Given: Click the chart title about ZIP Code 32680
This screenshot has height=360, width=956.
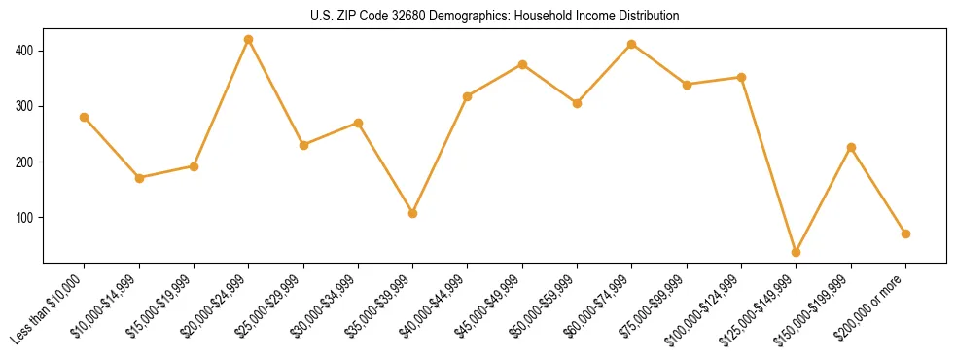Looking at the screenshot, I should pyautogui.click(x=478, y=17).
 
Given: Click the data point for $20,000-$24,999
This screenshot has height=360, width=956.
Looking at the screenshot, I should pyautogui.click(x=249, y=40).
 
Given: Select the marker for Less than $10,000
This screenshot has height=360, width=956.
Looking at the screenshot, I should pyautogui.click(x=85, y=117).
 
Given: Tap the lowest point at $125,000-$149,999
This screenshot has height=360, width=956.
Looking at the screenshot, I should pyautogui.click(x=797, y=252).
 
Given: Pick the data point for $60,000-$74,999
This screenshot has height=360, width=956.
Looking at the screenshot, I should pyautogui.click(x=632, y=44).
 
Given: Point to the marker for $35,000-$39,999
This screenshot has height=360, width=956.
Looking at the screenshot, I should pyautogui.click(x=413, y=213).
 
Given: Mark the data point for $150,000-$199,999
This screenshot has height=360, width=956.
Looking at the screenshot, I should pyautogui.click(x=852, y=147).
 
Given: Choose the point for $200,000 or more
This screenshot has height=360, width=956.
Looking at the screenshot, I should pyautogui.click(x=906, y=234).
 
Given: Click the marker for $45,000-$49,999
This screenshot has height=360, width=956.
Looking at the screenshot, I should pyautogui.click(x=523, y=64).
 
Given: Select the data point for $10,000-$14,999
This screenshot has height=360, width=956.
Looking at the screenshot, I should pyautogui.click(x=139, y=178).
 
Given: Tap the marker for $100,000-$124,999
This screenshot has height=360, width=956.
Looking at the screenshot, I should pyautogui.click(x=742, y=77).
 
